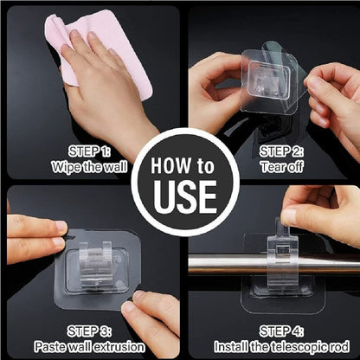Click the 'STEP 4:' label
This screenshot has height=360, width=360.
click(281, 331)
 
